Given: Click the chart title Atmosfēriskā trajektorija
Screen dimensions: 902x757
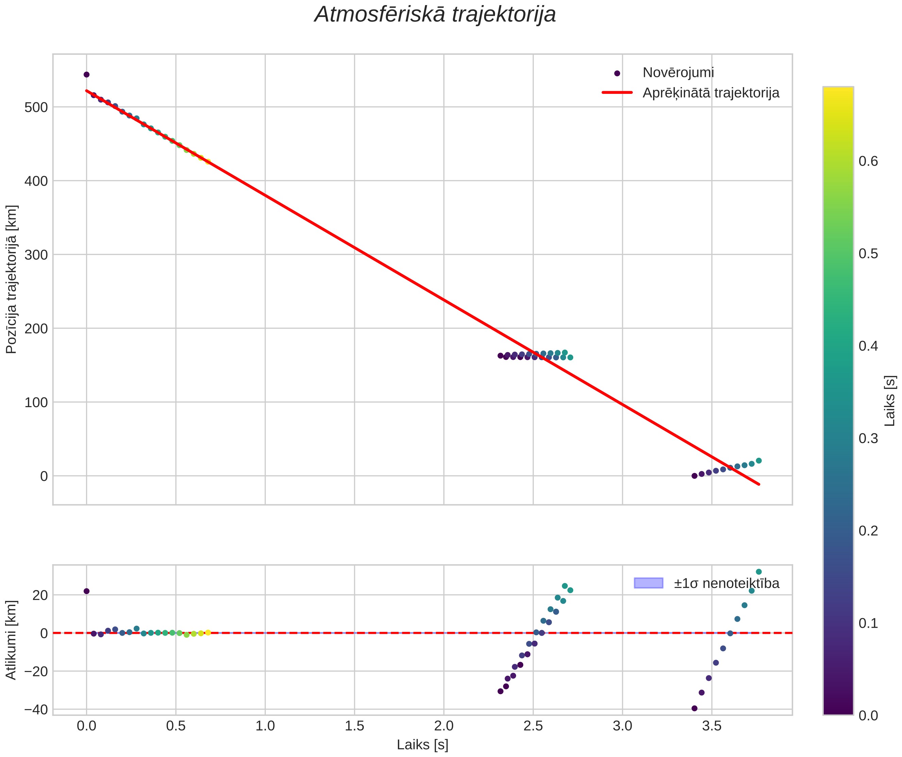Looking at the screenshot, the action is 435,15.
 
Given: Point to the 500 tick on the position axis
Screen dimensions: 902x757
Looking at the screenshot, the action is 36,107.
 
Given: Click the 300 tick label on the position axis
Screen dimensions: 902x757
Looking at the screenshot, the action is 36,255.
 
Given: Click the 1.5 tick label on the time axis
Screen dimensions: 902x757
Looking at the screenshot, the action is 354,726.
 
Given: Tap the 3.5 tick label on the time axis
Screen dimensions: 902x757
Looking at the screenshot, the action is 712,726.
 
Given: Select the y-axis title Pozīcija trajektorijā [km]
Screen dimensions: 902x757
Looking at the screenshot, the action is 12,279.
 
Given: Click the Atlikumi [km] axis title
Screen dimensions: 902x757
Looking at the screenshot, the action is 12,640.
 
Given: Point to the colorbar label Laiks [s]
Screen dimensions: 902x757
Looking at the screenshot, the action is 890,401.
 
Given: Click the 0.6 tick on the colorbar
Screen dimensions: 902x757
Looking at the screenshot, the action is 868,162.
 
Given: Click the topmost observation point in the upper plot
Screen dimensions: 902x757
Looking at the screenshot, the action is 86,74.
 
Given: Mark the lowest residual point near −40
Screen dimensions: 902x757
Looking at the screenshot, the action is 695,708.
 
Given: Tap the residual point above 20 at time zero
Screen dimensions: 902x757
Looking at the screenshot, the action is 86,591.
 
